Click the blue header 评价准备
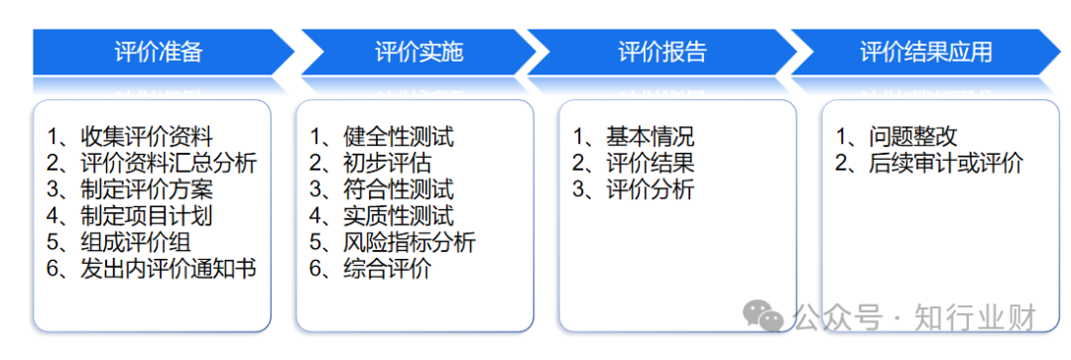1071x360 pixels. [159, 52]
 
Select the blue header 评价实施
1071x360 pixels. [418, 52]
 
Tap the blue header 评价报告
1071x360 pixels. [661, 52]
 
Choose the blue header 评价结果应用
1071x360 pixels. [925, 52]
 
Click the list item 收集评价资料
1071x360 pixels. [146, 137]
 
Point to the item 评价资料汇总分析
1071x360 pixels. [168, 163]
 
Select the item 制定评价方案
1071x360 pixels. [146, 188]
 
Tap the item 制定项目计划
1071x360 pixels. [146, 215]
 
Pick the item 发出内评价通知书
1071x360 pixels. [168, 268]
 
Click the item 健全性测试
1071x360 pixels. [397, 137]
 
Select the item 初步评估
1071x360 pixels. [387, 163]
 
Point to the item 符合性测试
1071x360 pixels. [397, 188]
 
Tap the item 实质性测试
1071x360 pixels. [397, 215]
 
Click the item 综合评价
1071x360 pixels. [387, 268]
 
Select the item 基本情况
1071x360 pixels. [650, 137]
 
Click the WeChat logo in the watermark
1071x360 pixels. [763, 316]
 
